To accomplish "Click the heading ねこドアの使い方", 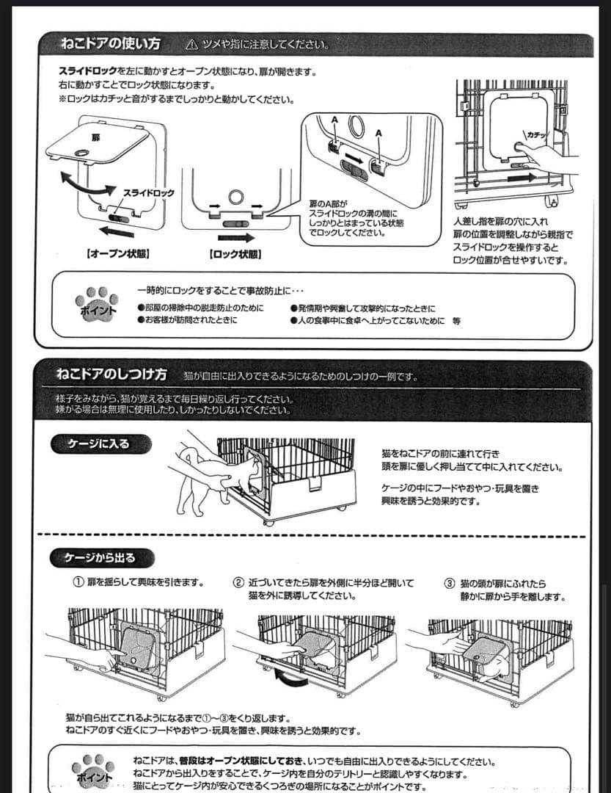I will (x=110, y=44).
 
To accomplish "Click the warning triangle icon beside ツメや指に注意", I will (x=192, y=45).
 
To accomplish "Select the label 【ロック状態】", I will (x=236, y=254).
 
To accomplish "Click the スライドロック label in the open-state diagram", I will (x=148, y=193).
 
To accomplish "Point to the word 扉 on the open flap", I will (x=95, y=137).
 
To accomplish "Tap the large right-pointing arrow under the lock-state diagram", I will (x=236, y=237).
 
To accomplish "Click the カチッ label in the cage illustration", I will (x=536, y=134).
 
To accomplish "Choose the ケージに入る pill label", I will (x=101, y=443).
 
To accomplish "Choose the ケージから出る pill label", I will (x=101, y=557).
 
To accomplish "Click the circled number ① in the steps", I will (x=77, y=583).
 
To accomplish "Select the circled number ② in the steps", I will (x=238, y=583).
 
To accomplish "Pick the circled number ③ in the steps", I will (x=450, y=584).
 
